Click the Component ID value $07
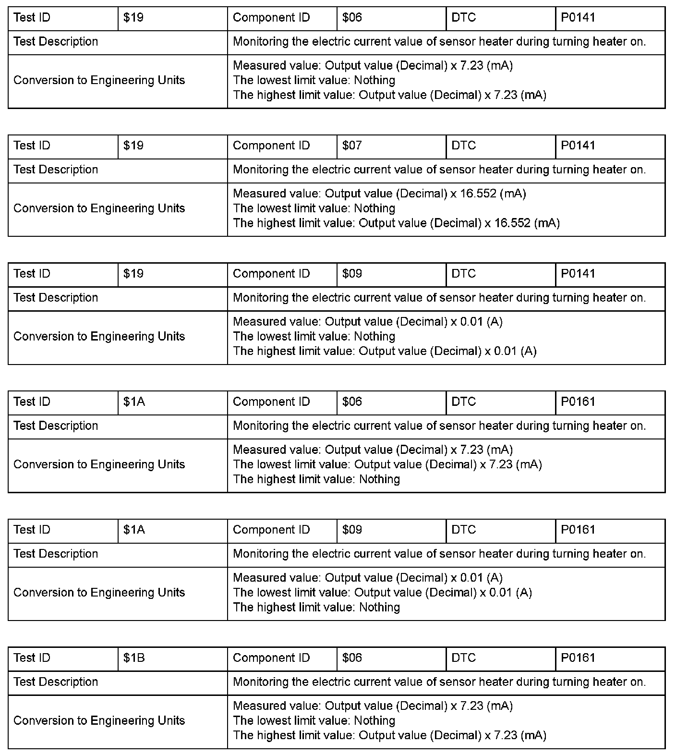click(x=352, y=146)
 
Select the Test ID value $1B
click(x=134, y=658)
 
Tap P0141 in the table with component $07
click(x=578, y=146)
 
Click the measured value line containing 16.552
click(x=379, y=194)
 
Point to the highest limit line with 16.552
click(x=396, y=223)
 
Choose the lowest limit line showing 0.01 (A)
click(x=382, y=592)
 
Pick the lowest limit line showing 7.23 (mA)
click(x=387, y=464)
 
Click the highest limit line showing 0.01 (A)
click(x=385, y=351)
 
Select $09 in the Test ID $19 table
click(x=352, y=274)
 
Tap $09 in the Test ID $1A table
click(x=352, y=530)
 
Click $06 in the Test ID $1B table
click(x=352, y=658)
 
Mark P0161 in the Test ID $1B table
click(x=578, y=658)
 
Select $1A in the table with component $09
click(x=134, y=530)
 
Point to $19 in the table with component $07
click(x=133, y=146)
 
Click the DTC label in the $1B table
click(x=464, y=658)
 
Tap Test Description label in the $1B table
click(x=56, y=682)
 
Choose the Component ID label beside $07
click(x=271, y=146)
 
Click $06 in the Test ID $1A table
click(x=352, y=402)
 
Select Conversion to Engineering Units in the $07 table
click(x=99, y=208)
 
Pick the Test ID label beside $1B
click(x=32, y=658)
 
